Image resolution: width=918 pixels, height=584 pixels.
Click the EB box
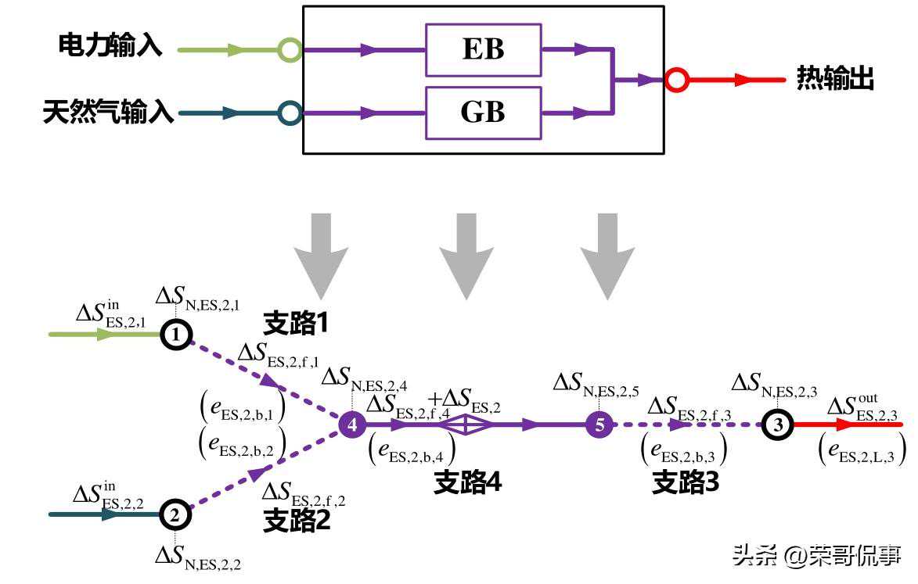[x=483, y=49]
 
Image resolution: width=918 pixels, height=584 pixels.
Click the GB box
[x=483, y=113]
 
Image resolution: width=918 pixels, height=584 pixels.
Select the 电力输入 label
[x=110, y=45]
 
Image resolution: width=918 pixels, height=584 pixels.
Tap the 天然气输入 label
[x=108, y=113]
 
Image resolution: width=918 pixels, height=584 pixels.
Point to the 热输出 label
[x=835, y=79]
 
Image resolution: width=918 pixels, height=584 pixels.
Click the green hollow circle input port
[x=290, y=50]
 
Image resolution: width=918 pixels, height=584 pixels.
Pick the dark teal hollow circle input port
[x=290, y=113]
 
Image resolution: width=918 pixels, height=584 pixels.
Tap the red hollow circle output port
[x=676, y=80]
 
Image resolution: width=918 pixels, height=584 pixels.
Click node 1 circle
[x=176, y=335]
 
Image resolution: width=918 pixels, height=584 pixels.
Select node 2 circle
[x=175, y=514]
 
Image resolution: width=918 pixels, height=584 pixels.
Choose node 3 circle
[x=777, y=425]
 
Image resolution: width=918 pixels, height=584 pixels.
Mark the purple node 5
[x=599, y=425]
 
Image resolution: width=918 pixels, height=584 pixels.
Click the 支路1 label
[x=294, y=323]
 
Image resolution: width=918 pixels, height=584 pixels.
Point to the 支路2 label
[x=297, y=519]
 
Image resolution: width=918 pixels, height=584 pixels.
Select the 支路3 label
[x=685, y=483]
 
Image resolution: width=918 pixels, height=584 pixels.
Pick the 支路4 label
[x=467, y=483]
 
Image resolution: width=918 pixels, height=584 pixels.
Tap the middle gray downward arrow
[x=466, y=254]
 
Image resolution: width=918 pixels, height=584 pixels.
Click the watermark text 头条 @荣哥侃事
[x=816, y=556]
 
